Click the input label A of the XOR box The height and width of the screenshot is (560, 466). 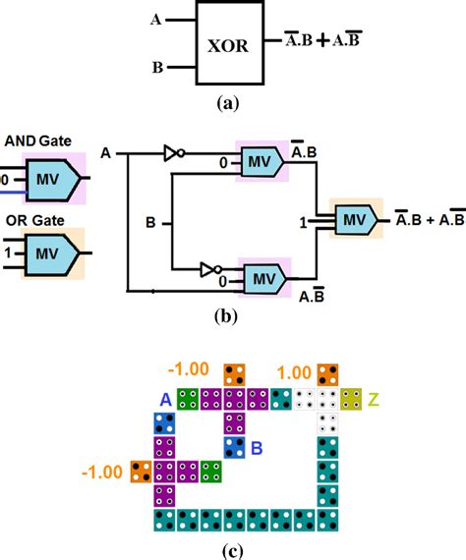(156, 19)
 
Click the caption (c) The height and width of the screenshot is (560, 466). (233, 545)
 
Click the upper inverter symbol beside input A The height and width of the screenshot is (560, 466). (174, 153)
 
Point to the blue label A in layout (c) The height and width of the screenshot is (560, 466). (166, 398)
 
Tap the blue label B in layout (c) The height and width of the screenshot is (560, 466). (254, 450)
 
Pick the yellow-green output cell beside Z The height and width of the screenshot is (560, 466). (351, 399)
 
